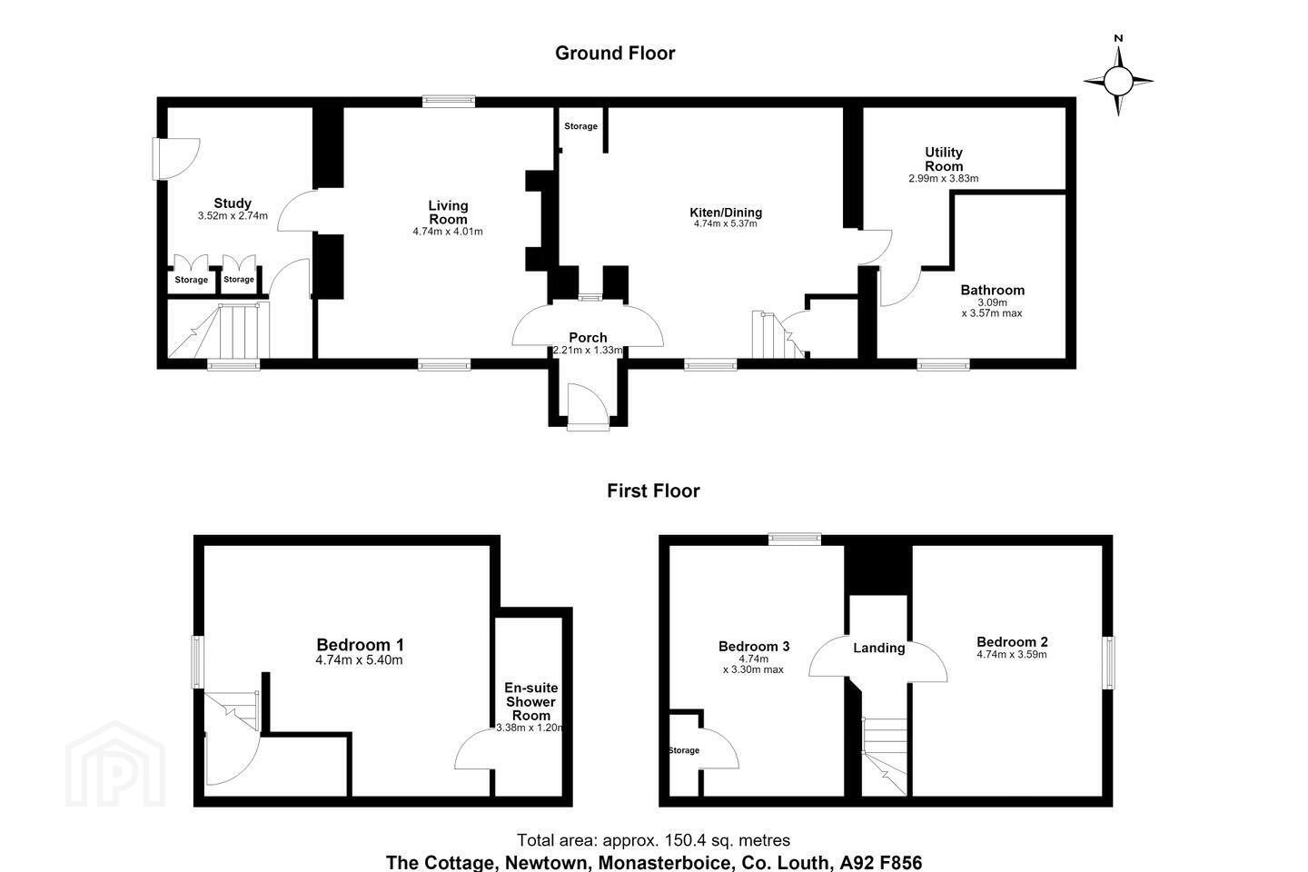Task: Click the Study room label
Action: coord(233,203)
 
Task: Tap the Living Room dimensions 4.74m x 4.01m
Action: coord(448,232)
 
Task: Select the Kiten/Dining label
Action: coord(726,213)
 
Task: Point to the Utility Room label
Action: coord(944,159)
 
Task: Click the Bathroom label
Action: coord(993,291)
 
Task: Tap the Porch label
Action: coord(588,338)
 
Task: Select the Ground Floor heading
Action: coord(615,54)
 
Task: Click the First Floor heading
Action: coord(653,490)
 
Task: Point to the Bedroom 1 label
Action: coord(360,645)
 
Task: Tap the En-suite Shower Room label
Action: coord(530,701)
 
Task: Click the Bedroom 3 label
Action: coord(754,646)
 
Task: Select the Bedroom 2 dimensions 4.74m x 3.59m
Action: coord(1012,655)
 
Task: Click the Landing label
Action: coord(879,648)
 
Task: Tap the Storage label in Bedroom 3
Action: coord(684,750)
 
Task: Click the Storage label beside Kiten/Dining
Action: coord(580,126)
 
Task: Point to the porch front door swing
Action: coord(589,407)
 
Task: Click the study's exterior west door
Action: coord(176,159)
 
